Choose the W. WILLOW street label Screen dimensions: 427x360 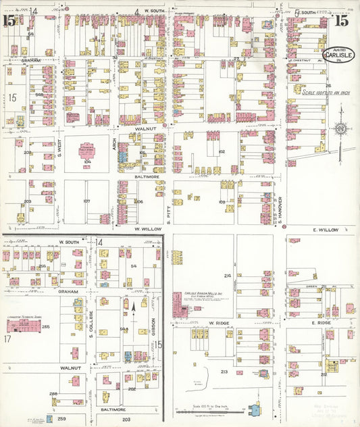tap(148, 229)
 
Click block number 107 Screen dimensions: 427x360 tap(86, 201)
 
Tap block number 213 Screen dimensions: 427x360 tap(224, 372)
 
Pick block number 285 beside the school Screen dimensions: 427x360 tap(46, 327)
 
